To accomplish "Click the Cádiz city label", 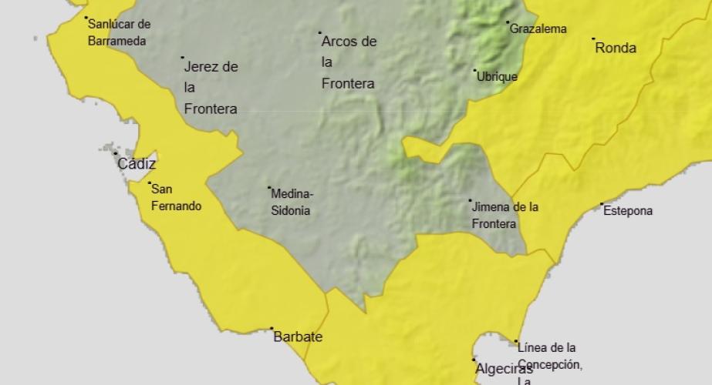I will [137, 164].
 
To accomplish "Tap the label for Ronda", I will [616, 48].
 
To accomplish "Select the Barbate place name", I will [298, 337].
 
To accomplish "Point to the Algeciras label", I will [504, 369].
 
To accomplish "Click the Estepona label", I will [628, 210].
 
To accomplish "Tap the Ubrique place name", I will [497, 77].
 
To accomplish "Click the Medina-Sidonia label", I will [292, 202].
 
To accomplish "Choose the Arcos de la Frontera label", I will [349, 62].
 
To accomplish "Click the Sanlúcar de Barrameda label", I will [119, 32].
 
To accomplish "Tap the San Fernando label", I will [176, 197].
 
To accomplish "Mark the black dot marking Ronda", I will [593, 38].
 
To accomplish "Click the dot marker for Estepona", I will [602, 204].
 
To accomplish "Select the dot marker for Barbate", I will [272, 329].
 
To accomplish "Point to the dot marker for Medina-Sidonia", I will [269, 188].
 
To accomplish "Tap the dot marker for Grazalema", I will [508, 22].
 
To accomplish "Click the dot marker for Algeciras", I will [474, 360].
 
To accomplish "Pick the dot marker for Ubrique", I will [475, 71].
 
